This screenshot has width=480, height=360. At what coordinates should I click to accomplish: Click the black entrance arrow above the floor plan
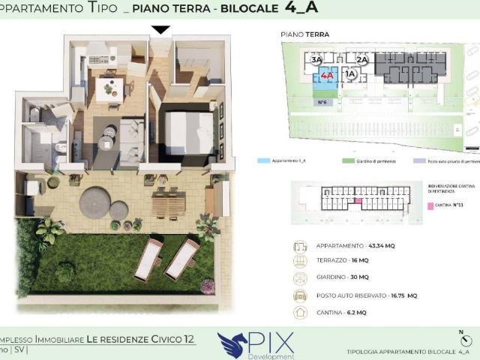(160, 30)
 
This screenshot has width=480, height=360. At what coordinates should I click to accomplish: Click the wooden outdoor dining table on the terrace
(168, 201)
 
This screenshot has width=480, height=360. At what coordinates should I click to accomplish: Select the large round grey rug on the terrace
(95, 200)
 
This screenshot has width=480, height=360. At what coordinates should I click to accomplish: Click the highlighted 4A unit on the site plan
(326, 76)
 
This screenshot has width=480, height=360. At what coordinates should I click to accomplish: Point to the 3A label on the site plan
(316, 59)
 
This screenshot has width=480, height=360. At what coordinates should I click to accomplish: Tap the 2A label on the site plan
(361, 59)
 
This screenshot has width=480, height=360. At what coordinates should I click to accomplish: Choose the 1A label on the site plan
(349, 74)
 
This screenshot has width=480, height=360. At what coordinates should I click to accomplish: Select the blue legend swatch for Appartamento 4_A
(263, 160)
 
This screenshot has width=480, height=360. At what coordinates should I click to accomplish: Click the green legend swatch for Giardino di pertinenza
(348, 160)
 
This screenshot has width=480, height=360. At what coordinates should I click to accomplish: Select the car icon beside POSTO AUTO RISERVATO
(300, 295)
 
